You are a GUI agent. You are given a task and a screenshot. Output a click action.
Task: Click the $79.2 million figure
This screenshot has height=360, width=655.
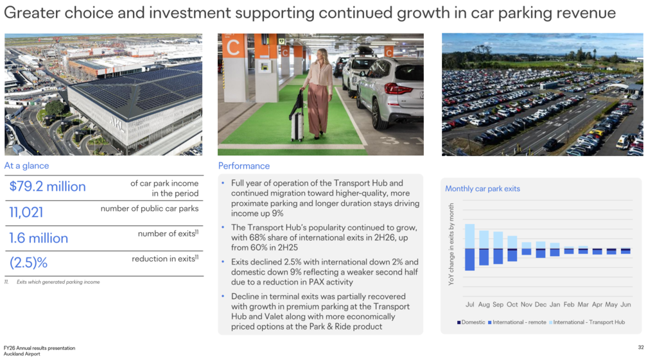pyautogui.click(x=48, y=186)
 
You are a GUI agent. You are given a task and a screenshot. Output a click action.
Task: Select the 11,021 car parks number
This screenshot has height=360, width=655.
pyautogui.click(x=26, y=212)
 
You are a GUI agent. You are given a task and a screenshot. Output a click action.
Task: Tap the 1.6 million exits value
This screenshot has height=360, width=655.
pyautogui.click(x=39, y=238)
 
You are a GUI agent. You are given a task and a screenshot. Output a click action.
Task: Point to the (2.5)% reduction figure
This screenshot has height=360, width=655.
pyautogui.click(x=28, y=262)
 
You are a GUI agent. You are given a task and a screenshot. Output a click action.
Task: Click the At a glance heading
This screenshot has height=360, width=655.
pyautogui.click(x=26, y=166)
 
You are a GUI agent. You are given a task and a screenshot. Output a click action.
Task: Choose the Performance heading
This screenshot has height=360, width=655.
pyautogui.click(x=244, y=166)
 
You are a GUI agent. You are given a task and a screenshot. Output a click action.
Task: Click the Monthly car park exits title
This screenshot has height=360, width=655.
pyautogui.click(x=482, y=189)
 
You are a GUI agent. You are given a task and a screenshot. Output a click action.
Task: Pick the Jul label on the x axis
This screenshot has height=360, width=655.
pyautogui.click(x=470, y=304)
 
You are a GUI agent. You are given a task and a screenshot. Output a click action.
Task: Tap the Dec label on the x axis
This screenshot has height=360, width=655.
pyautogui.click(x=541, y=304)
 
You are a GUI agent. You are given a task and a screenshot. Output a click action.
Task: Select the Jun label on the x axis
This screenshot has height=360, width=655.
pyautogui.click(x=625, y=304)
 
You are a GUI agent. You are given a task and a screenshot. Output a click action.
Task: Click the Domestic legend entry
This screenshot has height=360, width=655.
pyautogui.click(x=471, y=322)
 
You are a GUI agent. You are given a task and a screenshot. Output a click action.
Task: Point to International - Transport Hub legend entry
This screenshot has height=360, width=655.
pyautogui.click(x=587, y=322)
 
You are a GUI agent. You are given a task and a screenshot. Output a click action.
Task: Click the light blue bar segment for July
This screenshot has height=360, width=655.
pyautogui.click(x=470, y=236)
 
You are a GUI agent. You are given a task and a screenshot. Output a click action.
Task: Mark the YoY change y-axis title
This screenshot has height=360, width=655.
pyautogui.click(x=451, y=244)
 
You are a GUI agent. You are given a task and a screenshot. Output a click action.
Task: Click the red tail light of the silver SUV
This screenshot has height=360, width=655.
pyautogui.click(x=397, y=89)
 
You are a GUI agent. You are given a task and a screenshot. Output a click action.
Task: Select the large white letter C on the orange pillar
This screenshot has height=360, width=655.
pyautogui.click(x=233, y=47)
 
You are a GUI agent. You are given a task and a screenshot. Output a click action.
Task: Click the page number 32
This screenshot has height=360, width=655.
pyautogui.click(x=641, y=347)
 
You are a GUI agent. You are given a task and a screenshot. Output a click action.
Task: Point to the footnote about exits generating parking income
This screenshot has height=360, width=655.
pyautogui.click(x=52, y=282)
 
